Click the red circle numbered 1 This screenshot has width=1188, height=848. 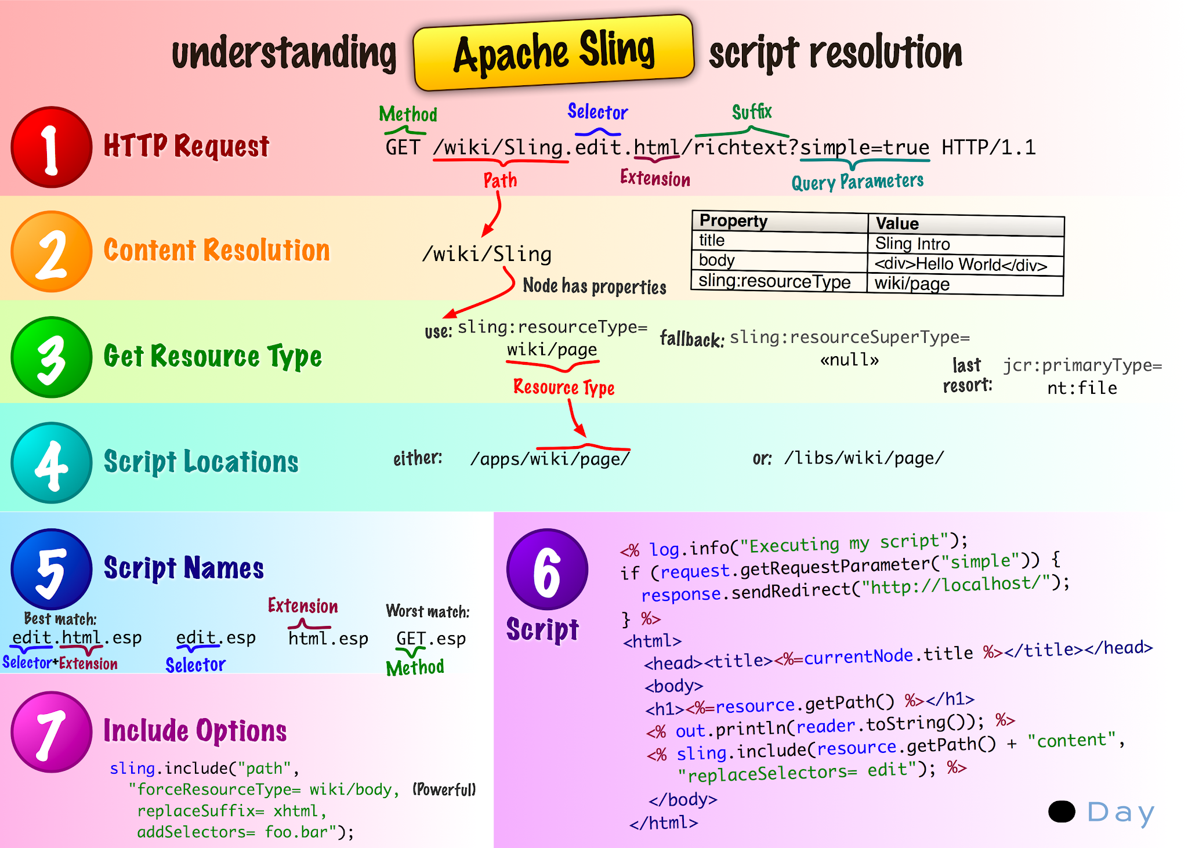click(x=52, y=147)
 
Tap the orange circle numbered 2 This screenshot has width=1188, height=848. click(x=52, y=252)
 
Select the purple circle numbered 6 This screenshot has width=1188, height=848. click(x=547, y=570)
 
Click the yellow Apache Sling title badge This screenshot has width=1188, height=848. click(x=553, y=53)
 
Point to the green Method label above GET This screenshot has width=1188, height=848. click(x=408, y=114)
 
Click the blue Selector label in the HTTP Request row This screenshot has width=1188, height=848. click(x=597, y=112)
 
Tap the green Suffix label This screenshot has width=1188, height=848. click(x=752, y=111)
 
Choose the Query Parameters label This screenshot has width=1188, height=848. click(x=857, y=182)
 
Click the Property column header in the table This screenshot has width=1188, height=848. click(x=733, y=221)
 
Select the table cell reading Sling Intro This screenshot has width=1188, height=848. click(x=912, y=244)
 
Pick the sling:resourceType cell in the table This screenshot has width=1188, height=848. click(x=774, y=281)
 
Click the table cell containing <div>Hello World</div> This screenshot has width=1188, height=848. click(x=961, y=264)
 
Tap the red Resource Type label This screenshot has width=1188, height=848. click(x=564, y=387)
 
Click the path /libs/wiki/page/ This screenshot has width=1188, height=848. click(x=864, y=458)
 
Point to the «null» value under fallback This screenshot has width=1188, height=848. click(x=849, y=360)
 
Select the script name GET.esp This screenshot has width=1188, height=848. click(x=431, y=639)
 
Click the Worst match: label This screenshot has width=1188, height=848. click(x=428, y=611)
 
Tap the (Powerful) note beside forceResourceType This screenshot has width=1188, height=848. click(x=444, y=789)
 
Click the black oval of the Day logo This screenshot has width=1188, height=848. click(x=1062, y=811)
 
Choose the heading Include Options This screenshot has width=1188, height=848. click(x=195, y=731)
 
